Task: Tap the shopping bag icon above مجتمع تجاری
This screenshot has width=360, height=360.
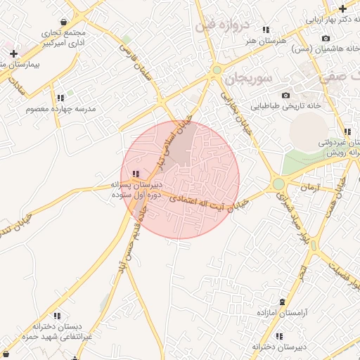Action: [x=64, y=21]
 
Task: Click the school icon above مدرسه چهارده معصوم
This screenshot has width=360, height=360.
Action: [x=60, y=98]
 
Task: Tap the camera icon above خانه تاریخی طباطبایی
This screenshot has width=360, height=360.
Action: [x=285, y=95]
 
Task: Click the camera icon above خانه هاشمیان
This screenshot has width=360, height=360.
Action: [x=325, y=38]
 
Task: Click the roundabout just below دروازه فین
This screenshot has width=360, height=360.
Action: [x=217, y=70]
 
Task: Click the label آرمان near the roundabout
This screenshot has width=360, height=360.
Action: [x=309, y=188]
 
